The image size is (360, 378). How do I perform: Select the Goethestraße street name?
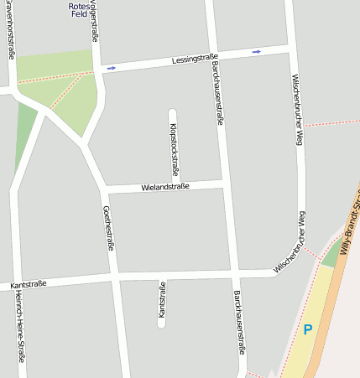click(x=107, y=228)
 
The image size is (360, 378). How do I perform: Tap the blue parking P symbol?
click(x=307, y=329)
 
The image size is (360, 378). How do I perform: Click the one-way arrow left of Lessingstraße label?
click(x=112, y=67)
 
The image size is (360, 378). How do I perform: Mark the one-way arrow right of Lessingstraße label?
click(x=256, y=52)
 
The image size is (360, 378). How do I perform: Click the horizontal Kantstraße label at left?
click(x=29, y=285)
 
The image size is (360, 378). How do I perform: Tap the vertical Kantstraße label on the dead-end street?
click(x=162, y=300)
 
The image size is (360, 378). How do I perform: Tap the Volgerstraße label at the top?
click(x=93, y=18)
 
